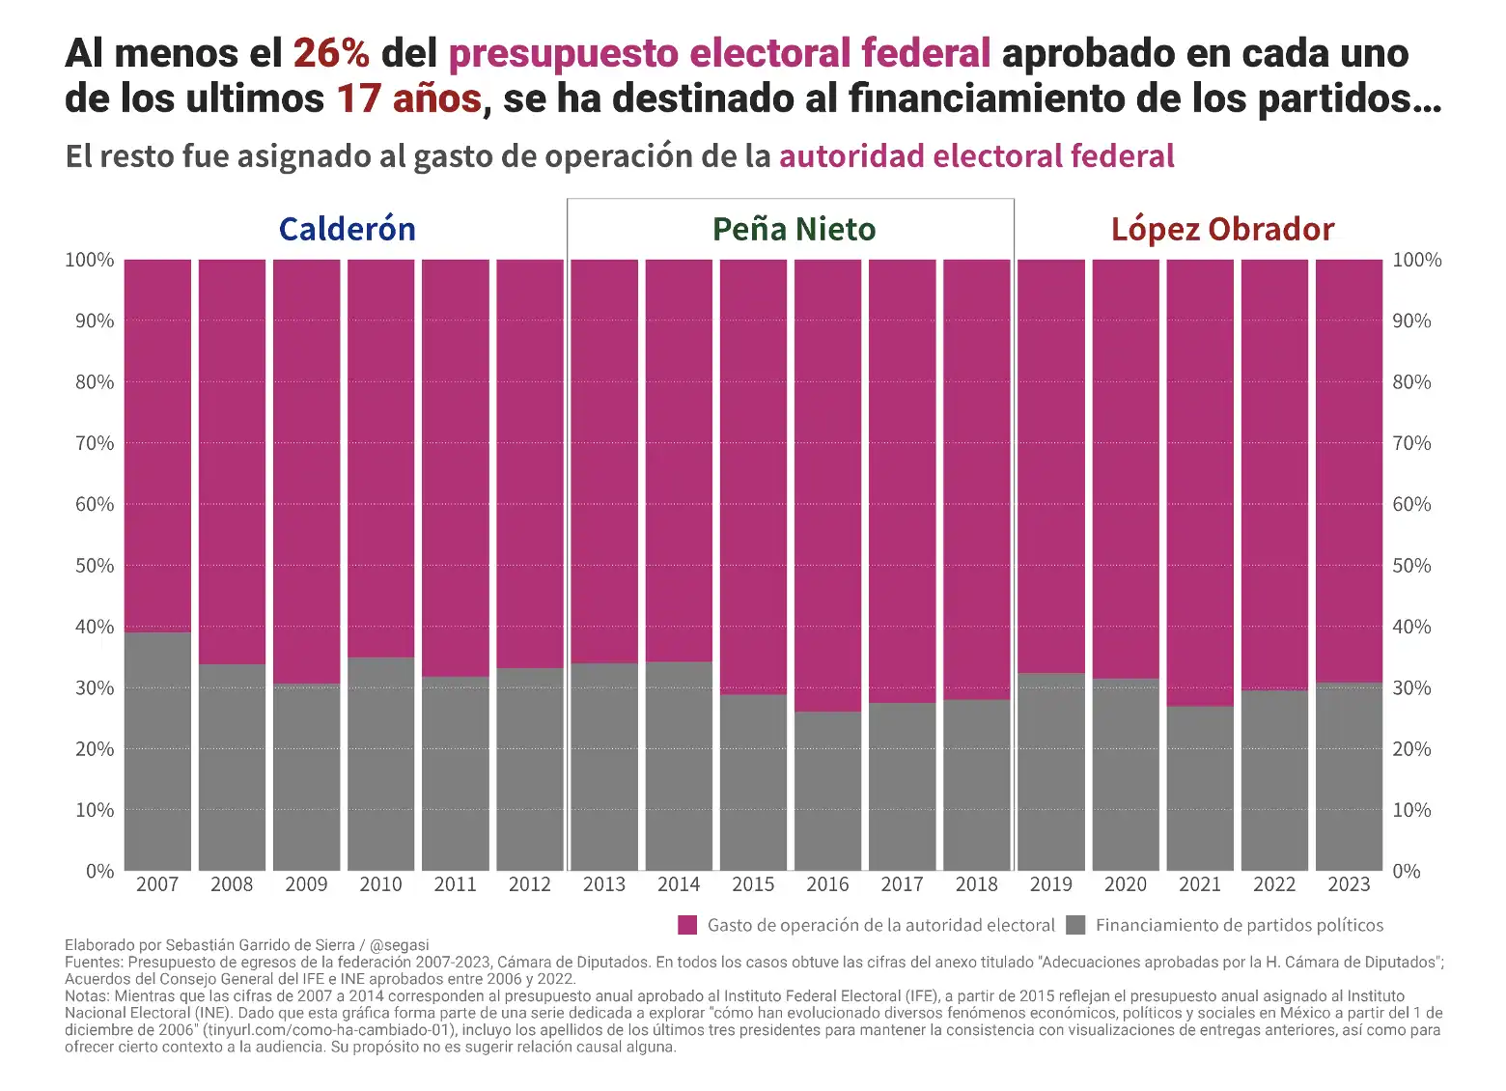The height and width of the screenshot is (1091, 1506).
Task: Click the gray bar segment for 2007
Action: point(157,751)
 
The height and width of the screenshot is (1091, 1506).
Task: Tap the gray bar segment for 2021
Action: point(1200,788)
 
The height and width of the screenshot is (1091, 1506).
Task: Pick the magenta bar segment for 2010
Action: point(380,459)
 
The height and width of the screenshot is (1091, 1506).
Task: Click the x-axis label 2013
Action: point(604,884)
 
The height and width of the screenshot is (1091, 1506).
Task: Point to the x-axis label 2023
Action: point(1349,884)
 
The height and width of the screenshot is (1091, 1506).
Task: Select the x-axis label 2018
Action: point(976,884)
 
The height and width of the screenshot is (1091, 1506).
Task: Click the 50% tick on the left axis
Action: point(95,566)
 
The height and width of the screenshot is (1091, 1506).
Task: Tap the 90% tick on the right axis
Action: point(1411,322)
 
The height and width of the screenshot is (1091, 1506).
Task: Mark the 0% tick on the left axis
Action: point(99,871)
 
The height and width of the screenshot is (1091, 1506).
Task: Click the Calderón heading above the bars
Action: point(347,229)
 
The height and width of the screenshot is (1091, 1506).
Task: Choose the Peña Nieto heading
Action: point(794,229)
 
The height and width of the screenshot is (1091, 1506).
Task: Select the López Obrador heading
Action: point(1222,229)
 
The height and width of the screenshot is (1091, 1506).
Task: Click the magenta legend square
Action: point(687,925)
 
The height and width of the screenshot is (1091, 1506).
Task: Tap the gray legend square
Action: point(1075,925)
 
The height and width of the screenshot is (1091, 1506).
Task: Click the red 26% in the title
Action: point(330,53)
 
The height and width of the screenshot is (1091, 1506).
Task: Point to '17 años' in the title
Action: point(408,98)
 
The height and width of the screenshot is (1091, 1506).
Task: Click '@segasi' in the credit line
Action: point(401,945)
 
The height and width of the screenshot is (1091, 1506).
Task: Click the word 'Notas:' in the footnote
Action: point(87,996)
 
